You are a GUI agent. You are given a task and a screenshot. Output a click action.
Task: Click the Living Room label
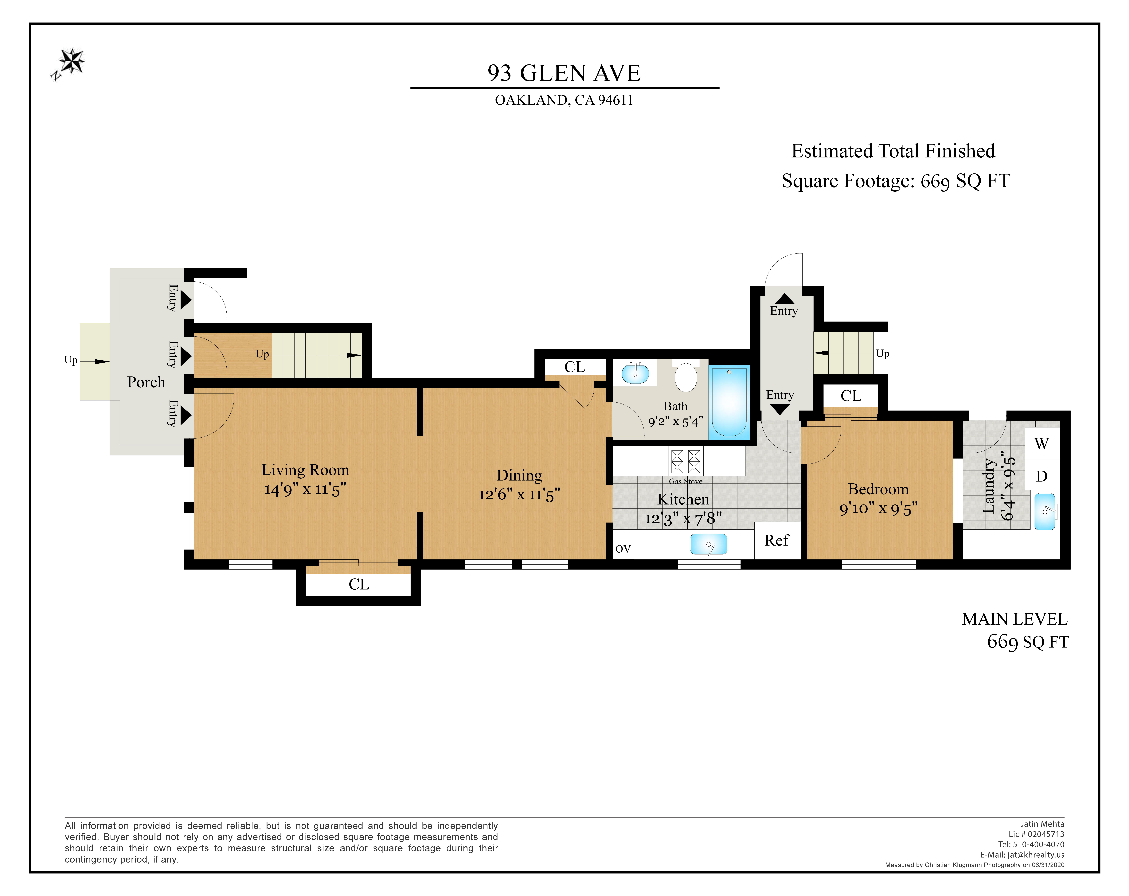tap(305, 470)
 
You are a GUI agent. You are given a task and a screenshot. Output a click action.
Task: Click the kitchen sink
tap(709, 544)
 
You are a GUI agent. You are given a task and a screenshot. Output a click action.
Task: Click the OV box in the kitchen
tap(623, 548)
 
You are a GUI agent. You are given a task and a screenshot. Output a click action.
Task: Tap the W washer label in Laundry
tap(1041, 444)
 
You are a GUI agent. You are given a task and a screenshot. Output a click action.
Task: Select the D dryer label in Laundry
tap(1041, 476)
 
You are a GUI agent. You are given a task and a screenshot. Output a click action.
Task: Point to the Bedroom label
tap(878, 489)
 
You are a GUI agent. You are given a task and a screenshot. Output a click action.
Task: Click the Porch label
tap(146, 382)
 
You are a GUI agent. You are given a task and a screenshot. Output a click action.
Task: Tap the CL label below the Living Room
tap(359, 584)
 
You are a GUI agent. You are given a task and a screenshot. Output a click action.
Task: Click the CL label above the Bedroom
tap(851, 396)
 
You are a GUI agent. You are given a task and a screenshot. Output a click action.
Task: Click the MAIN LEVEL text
tap(1014, 619)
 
